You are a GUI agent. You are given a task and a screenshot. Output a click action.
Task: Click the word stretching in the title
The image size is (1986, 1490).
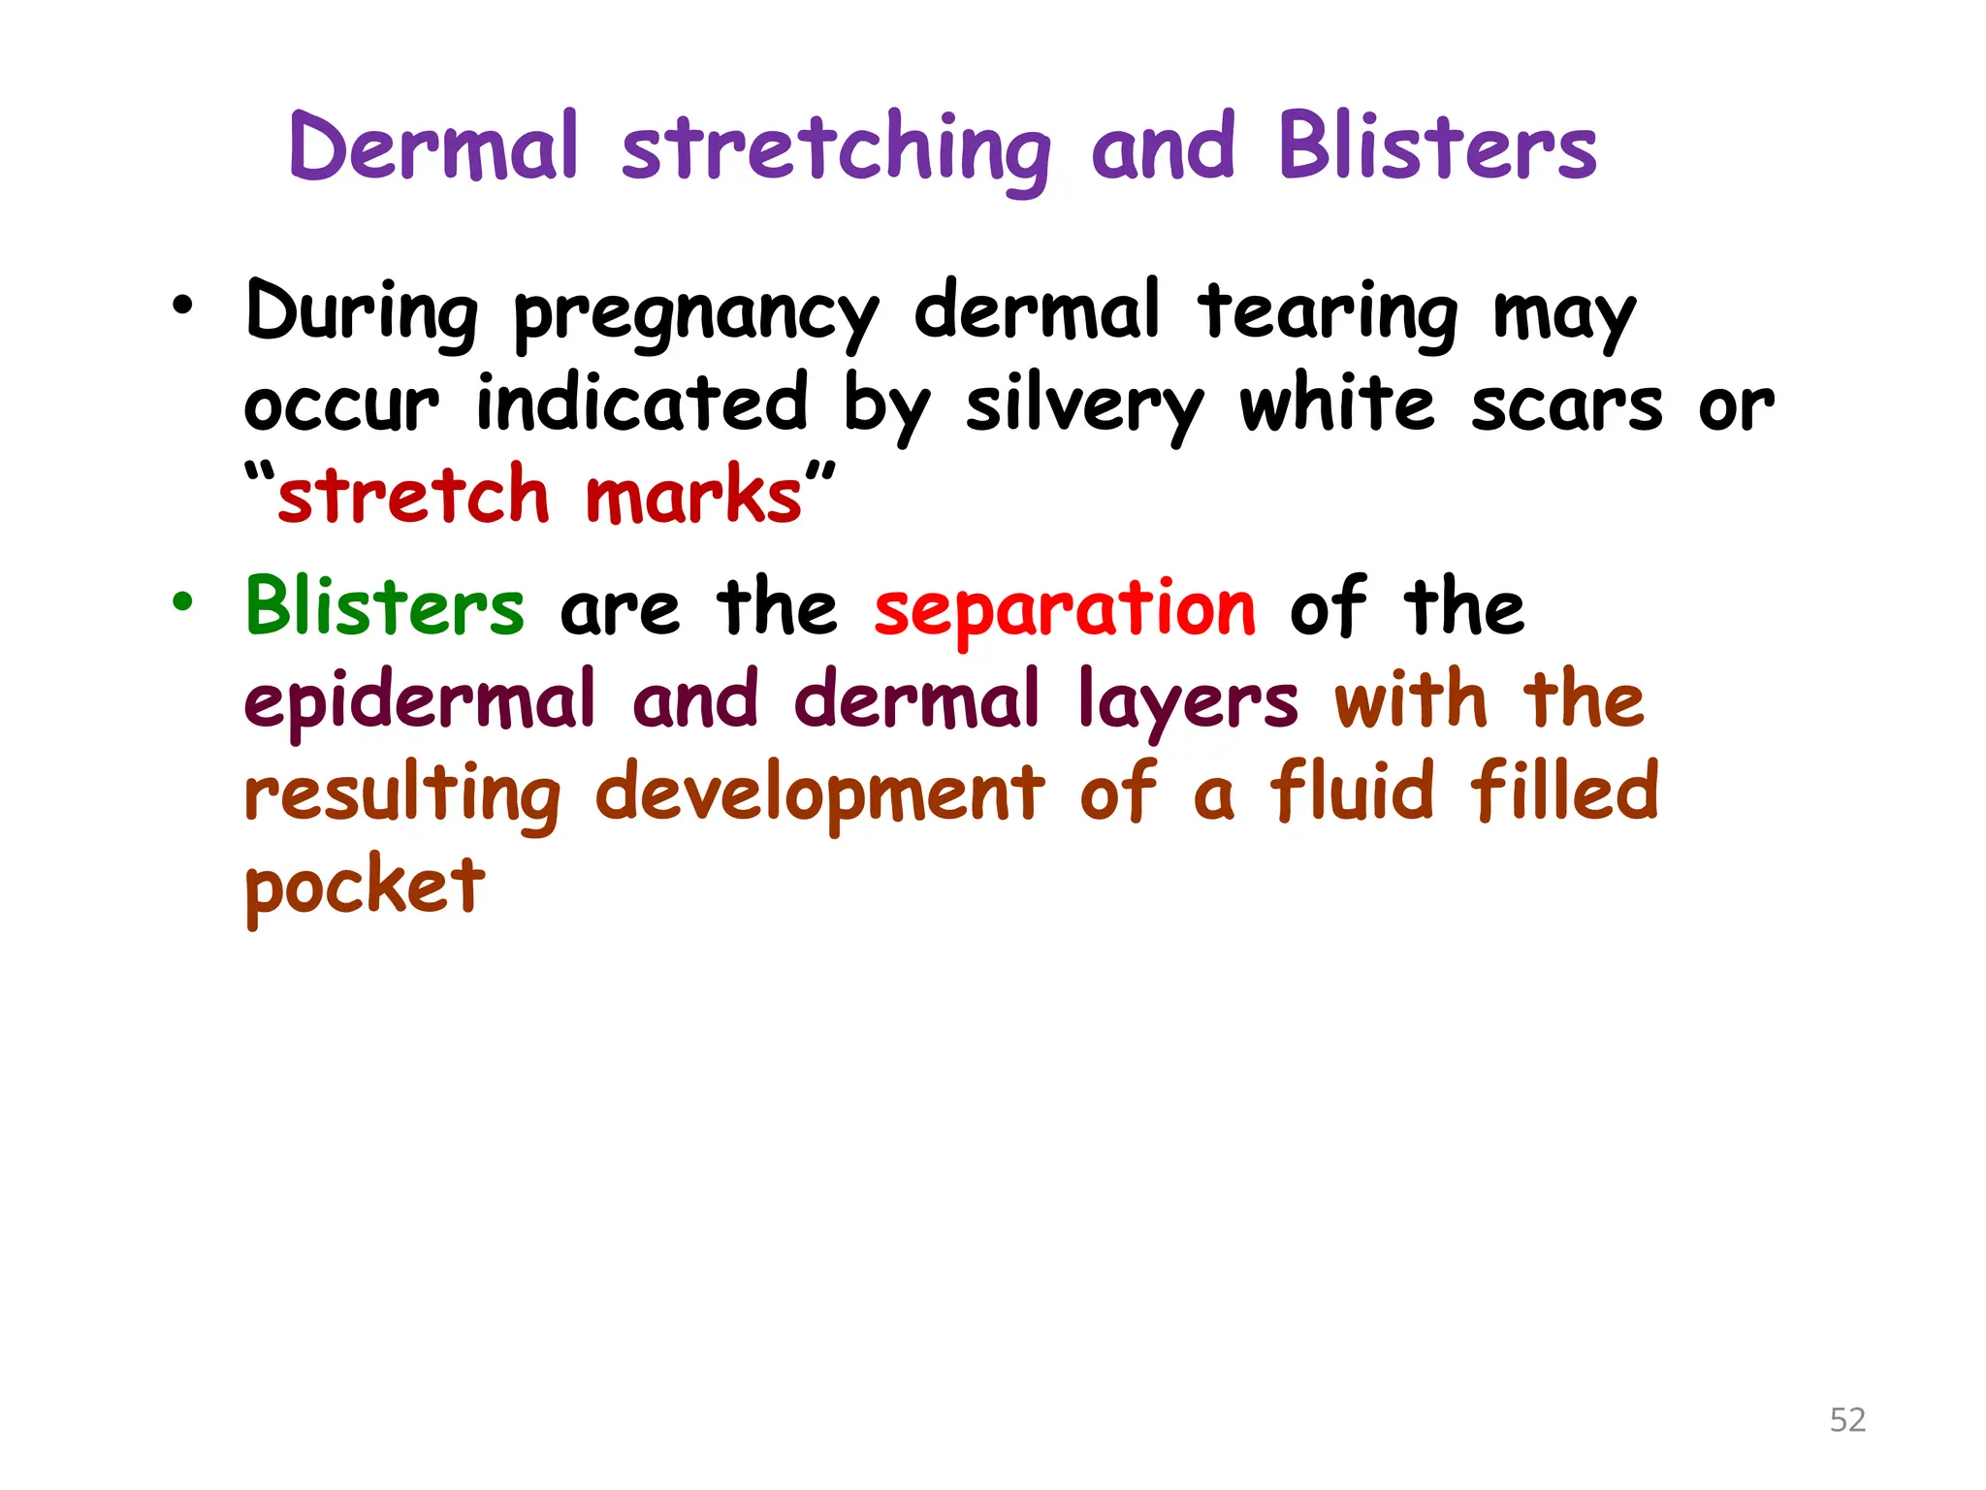tap(835, 148)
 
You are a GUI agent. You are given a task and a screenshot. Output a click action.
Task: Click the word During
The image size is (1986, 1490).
tap(362, 312)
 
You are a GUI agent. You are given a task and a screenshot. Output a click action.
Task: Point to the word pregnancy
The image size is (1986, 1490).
tap(695, 315)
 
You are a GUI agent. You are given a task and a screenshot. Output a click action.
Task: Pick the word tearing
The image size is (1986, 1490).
tap(1327, 312)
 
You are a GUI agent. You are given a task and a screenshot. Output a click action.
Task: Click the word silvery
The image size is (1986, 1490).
tap(1083, 406)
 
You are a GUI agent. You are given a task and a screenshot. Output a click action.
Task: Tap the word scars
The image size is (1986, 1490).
tap(1566, 405)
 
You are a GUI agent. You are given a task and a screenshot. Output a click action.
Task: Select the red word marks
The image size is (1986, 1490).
tap(693, 496)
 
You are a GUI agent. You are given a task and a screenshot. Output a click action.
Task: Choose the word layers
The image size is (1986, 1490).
tap(1187, 702)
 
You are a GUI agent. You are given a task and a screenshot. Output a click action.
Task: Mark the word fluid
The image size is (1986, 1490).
tap(1351, 791)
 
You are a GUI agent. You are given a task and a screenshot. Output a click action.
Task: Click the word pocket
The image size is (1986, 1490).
tap(364, 887)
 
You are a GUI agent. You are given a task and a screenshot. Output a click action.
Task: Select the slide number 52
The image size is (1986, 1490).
tap(1847, 1420)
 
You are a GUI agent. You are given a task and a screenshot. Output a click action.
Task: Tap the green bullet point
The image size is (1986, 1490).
tap(182, 602)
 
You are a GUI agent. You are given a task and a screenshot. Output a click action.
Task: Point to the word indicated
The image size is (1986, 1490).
tap(641, 403)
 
